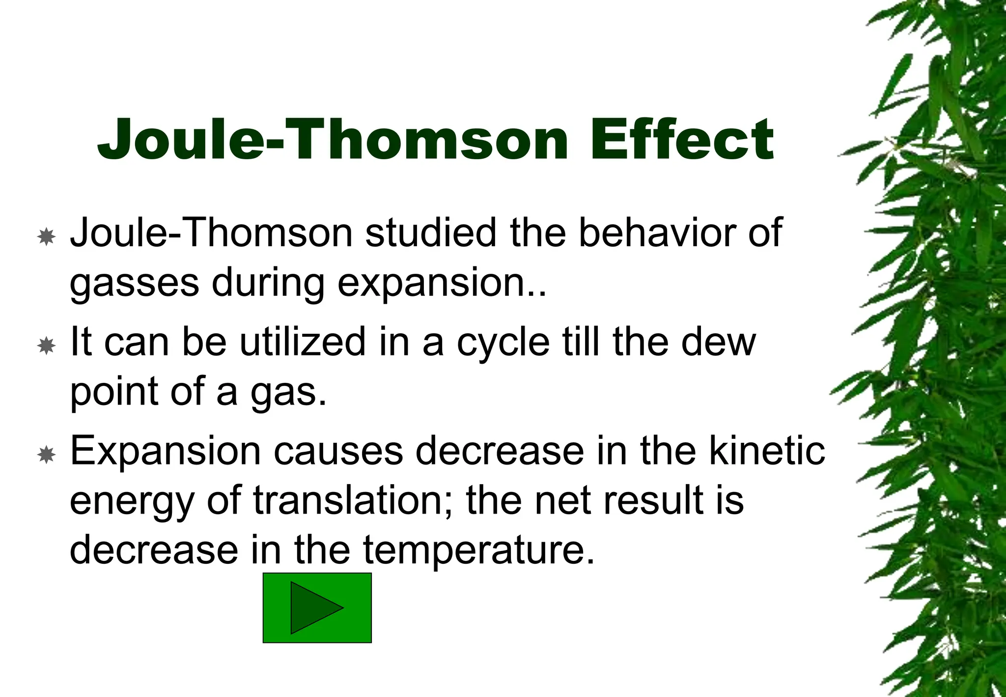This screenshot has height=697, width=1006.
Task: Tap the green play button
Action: coord(317,608)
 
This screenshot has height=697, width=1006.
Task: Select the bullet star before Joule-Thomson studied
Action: coord(47,237)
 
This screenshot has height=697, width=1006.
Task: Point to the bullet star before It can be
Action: coord(47,346)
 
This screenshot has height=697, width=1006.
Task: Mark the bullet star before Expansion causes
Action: coord(47,455)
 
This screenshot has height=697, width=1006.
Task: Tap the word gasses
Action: coord(135,284)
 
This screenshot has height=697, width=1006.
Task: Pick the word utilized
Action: coord(303,342)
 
